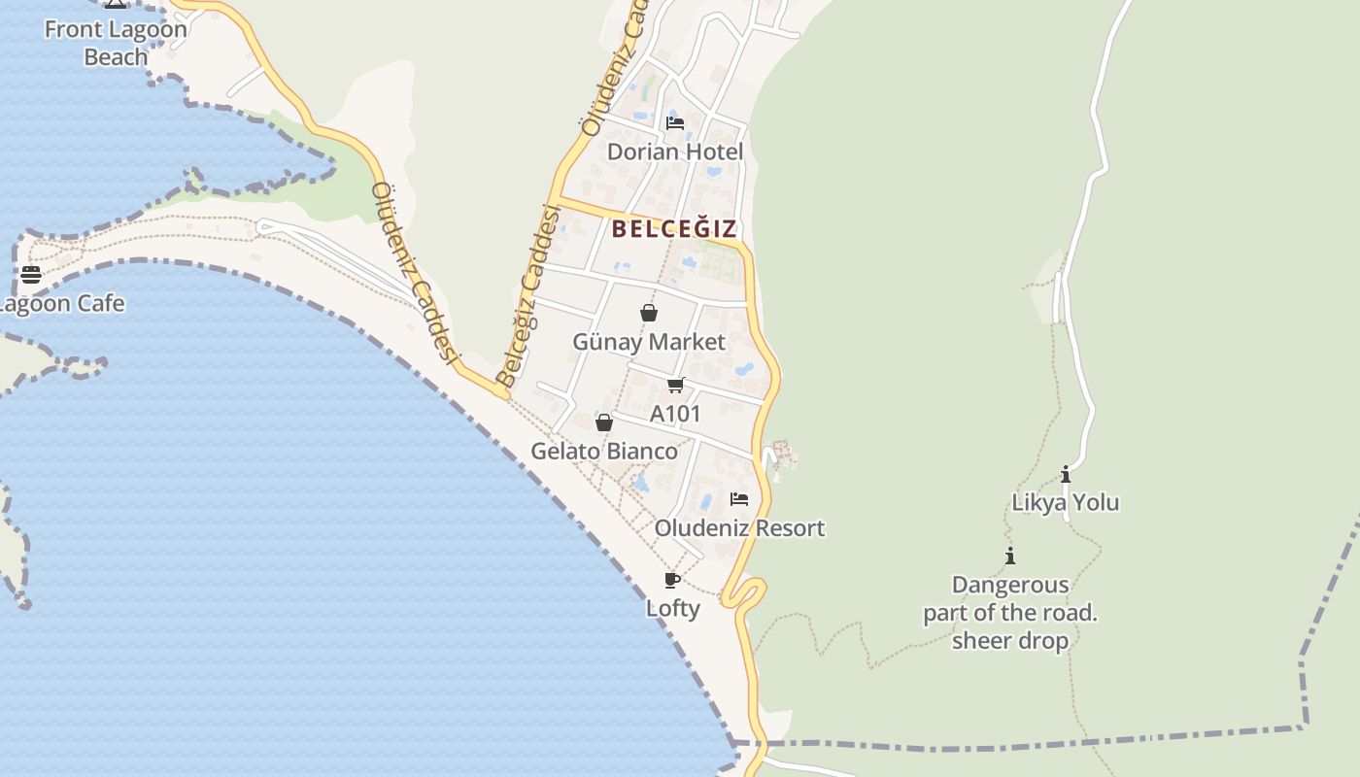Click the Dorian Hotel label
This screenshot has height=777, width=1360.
(675, 152)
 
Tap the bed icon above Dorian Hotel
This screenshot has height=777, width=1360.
(675, 123)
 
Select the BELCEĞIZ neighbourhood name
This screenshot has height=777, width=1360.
(675, 229)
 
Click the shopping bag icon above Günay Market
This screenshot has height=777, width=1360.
(649, 313)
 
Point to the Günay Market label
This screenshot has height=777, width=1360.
(649, 342)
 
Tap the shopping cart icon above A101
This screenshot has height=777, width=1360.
(676, 386)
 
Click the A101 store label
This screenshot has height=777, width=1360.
(675, 414)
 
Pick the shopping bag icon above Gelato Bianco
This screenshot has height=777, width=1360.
(604, 422)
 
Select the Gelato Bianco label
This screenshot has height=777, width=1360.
(604, 452)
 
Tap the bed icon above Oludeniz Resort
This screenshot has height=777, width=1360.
(739, 499)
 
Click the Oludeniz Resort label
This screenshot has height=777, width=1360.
(739, 528)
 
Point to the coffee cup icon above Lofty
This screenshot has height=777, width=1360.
(671, 580)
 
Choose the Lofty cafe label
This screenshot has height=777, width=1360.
(673, 609)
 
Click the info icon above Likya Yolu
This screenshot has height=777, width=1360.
(1066, 475)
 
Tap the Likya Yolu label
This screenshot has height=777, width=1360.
(1066, 503)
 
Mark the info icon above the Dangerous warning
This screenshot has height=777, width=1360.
(1010, 557)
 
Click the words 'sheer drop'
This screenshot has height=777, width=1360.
(1010, 641)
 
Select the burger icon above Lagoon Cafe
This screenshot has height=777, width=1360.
(31, 275)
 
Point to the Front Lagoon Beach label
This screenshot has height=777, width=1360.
(116, 43)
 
